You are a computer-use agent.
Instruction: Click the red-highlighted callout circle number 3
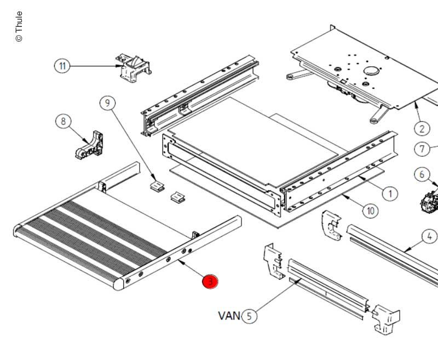coord(210,282)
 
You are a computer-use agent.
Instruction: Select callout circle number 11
coord(62,66)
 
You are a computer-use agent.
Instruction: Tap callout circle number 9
coord(107,102)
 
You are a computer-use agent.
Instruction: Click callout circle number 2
coord(422,128)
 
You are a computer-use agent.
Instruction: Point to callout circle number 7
coord(422,148)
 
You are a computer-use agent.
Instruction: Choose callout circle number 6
coord(422,175)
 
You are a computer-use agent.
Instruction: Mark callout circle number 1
coord(390,193)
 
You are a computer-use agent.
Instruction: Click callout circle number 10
coord(370,210)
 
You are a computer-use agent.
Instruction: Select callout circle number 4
coord(429,237)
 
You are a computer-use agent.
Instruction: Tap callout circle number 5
coord(249,316)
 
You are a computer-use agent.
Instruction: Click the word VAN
coord(229,316)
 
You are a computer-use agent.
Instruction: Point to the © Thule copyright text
coord(19,26)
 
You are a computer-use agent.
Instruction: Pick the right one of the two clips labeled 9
coord(177,196)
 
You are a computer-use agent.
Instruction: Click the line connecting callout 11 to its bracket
coord(93,66)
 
